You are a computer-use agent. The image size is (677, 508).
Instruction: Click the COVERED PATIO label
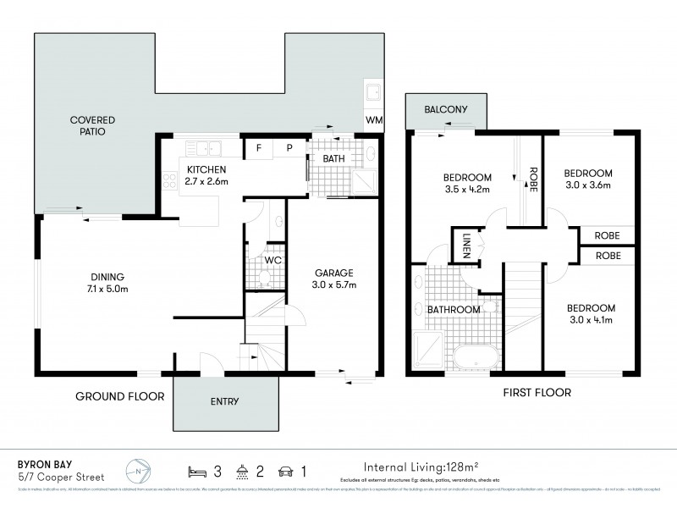92,126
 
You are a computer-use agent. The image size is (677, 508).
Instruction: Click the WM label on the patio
373,120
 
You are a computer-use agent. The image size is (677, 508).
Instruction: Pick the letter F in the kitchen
257,147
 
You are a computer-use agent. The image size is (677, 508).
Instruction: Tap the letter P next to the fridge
289,147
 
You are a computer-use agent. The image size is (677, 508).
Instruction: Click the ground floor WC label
272,260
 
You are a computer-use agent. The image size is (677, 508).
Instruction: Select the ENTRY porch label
224,401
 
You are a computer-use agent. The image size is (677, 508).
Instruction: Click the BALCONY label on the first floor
447,110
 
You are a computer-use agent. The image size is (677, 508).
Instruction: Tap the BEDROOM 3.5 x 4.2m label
467,183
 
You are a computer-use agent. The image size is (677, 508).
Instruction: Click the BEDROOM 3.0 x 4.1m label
590,313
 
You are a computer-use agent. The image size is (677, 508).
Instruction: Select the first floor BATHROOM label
453,310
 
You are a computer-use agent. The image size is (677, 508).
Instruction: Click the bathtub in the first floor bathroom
474,356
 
